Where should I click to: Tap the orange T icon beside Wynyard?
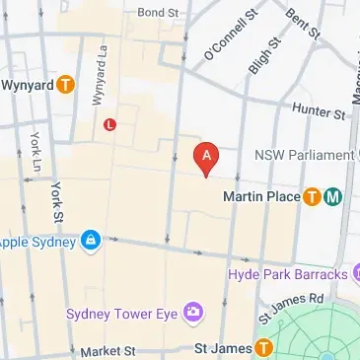point(65,85)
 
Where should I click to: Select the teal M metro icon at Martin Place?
point(333,196)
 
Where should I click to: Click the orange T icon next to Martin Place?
point(313,196)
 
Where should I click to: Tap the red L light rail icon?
point(109,124)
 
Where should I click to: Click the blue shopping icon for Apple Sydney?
point(91,240)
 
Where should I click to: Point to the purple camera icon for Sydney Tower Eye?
point(193,313)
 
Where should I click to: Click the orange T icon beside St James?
point(263,348)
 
